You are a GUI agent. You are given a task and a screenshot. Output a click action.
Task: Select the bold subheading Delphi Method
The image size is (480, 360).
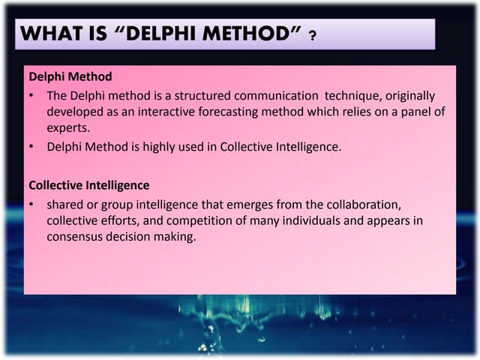point(70,76)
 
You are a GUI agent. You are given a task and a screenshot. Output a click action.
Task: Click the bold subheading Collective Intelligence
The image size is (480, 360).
point(88,184)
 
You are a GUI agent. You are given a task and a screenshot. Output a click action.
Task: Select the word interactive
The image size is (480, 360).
point(149,112)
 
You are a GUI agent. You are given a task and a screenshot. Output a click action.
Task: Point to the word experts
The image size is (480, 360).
point(68,127)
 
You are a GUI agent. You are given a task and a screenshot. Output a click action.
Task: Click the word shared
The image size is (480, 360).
point(64,204)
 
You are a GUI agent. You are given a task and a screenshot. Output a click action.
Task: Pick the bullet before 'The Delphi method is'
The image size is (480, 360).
point(33,97)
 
